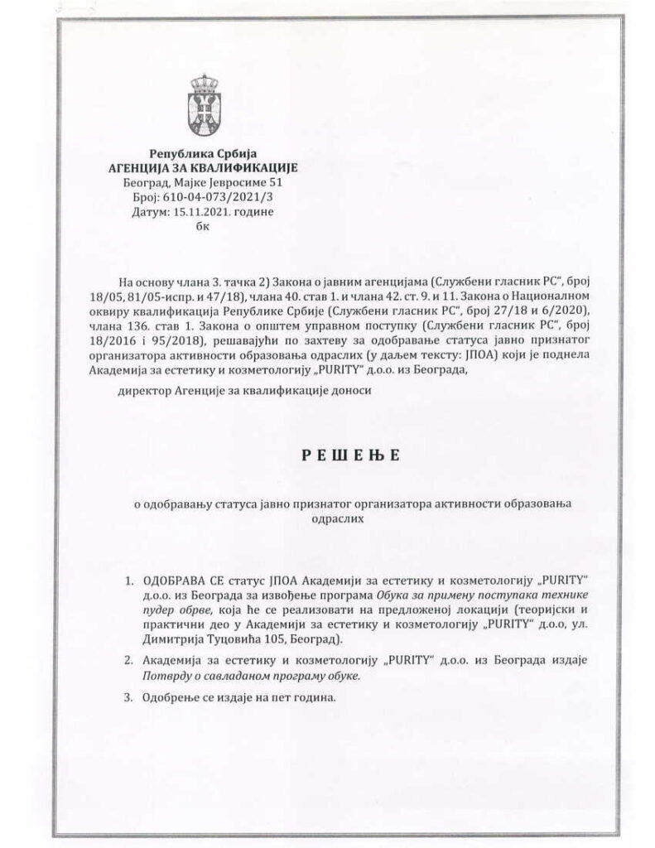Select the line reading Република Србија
(204, 153)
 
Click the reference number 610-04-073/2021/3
(218, 199)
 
